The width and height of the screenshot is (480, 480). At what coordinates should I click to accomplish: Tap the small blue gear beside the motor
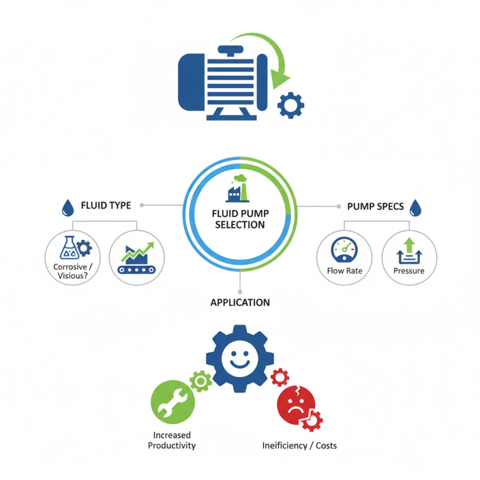click(290, 106)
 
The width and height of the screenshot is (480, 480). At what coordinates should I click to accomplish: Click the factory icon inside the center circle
click(238, 188)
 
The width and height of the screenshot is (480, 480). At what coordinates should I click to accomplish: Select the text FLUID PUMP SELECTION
click(241, 219)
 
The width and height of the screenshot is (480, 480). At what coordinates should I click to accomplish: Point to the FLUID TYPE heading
click(106, 205)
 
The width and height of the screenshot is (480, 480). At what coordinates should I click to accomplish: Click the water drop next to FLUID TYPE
click(68, 208)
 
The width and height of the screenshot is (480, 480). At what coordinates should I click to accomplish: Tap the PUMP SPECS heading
click(376, 206)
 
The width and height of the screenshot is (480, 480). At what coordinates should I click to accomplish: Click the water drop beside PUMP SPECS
click(415, 208)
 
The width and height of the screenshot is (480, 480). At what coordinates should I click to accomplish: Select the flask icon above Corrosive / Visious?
click(69, 248)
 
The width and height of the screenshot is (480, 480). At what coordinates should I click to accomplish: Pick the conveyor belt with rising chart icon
click(137, 258)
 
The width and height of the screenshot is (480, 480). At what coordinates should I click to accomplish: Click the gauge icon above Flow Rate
click(344, 250)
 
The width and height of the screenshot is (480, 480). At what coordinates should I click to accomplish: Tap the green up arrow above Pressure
click(409, 245)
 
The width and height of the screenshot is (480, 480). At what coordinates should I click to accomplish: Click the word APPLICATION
click(240, 303)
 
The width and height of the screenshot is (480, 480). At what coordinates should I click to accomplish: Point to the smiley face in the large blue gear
click(240, 358)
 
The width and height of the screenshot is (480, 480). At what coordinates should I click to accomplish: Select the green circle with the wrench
click(173, 402)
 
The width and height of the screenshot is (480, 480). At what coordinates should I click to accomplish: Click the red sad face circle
click(296, 405)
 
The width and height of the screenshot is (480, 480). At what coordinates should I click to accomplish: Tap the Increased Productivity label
click(172, 440)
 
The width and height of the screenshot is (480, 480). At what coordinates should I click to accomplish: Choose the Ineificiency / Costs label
click(299, 446)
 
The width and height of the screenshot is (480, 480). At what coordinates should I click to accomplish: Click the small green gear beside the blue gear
click(201, 381)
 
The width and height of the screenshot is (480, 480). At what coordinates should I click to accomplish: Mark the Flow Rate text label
click(344, 271)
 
